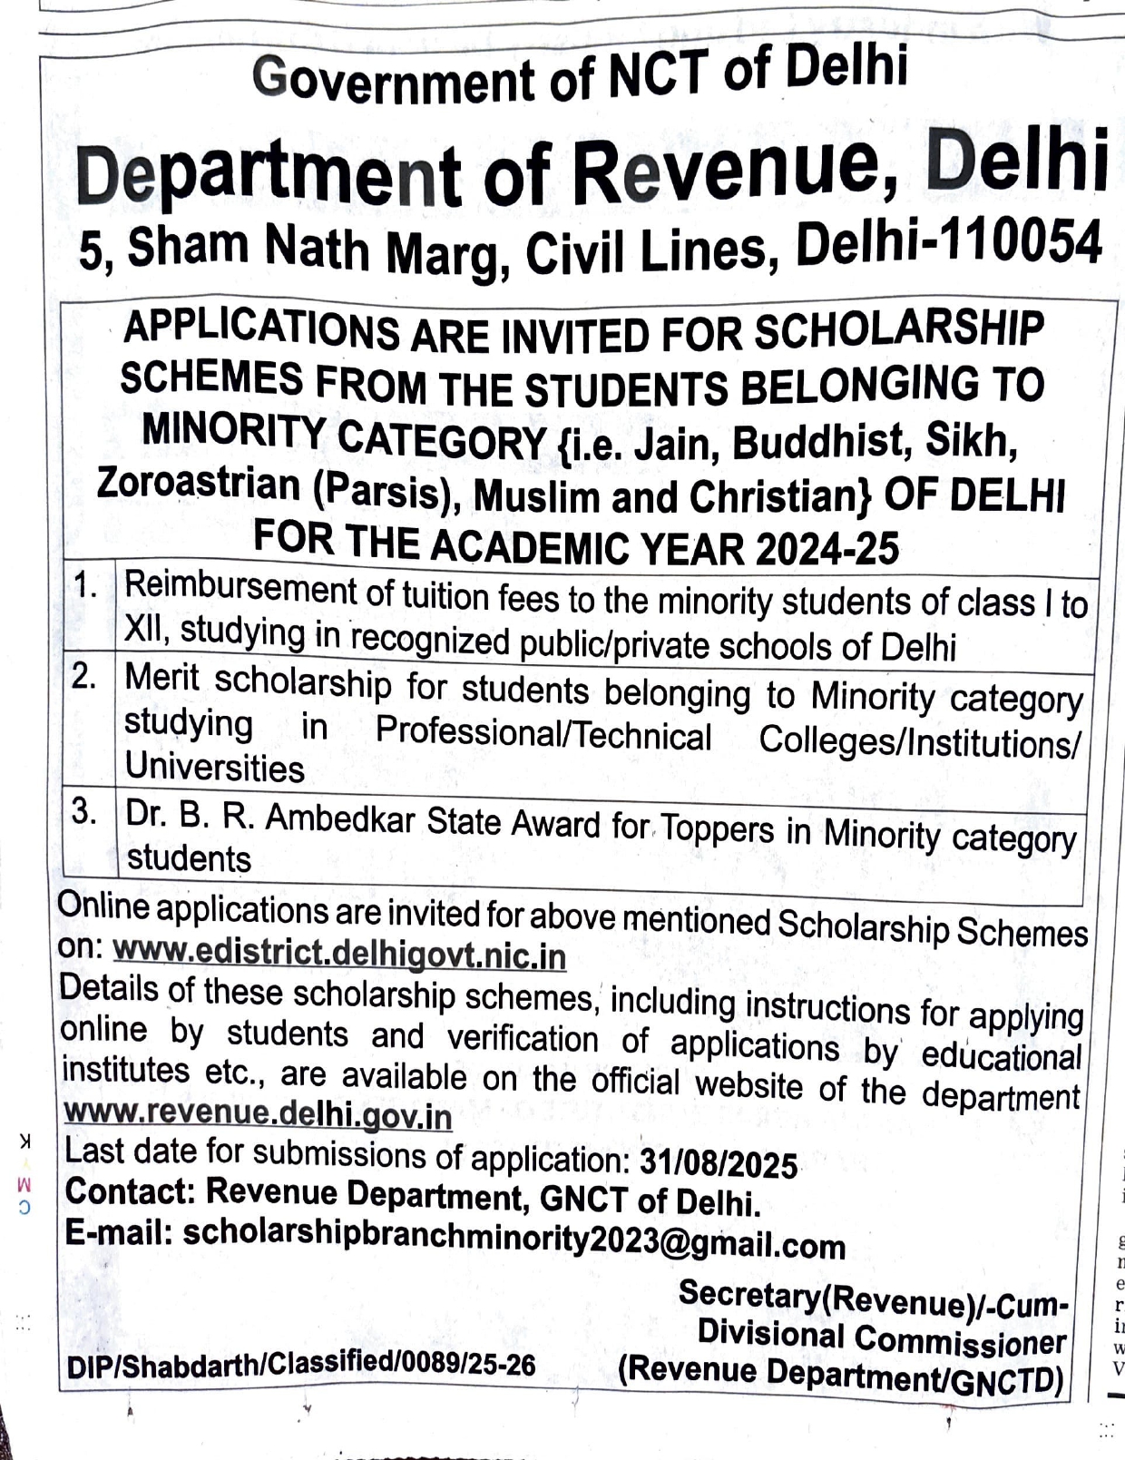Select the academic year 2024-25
pyautogui.click(x=827, y=548)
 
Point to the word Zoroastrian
pyautogui.click(x=199, y=483)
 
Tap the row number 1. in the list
pyautogui.click(x=87, y=585)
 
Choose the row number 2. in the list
pyautogui.click(x=85, y=676)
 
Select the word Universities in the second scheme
pyautogui.click(x=214, y=768)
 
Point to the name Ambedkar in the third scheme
pyautogui.click(x=340, y=818)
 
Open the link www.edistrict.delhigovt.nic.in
pyautogui.click(x=339, y=954)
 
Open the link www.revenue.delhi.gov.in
pyautogui.click(x=258, y=1113)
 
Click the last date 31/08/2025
pyautogui.click(x=719, y=1163)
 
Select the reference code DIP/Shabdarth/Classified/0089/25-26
pyautogui.click(x=301, y=1365)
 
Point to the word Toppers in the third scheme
pyautogui.click(x=717, y=828)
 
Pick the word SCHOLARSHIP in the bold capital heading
pyautogui.click(x=898, y=329)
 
